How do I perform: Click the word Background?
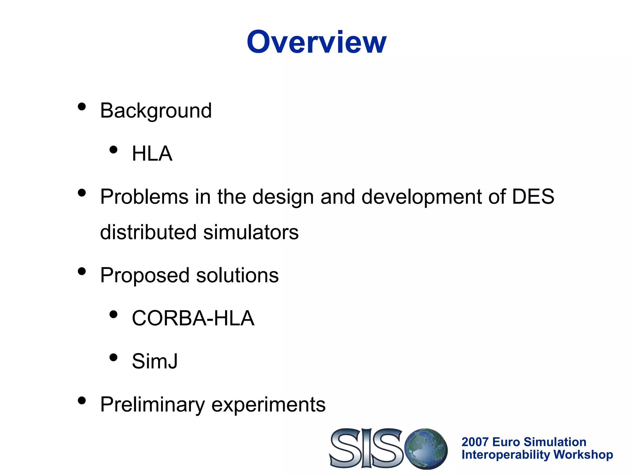156,111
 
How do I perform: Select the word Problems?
144,197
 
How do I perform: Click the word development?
422,197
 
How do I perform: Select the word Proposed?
145,276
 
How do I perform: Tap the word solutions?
237,275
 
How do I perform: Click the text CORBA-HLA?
193,318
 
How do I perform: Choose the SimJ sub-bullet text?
155,361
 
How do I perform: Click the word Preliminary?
152,404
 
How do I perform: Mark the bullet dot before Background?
82,107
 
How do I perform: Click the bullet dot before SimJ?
113,357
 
